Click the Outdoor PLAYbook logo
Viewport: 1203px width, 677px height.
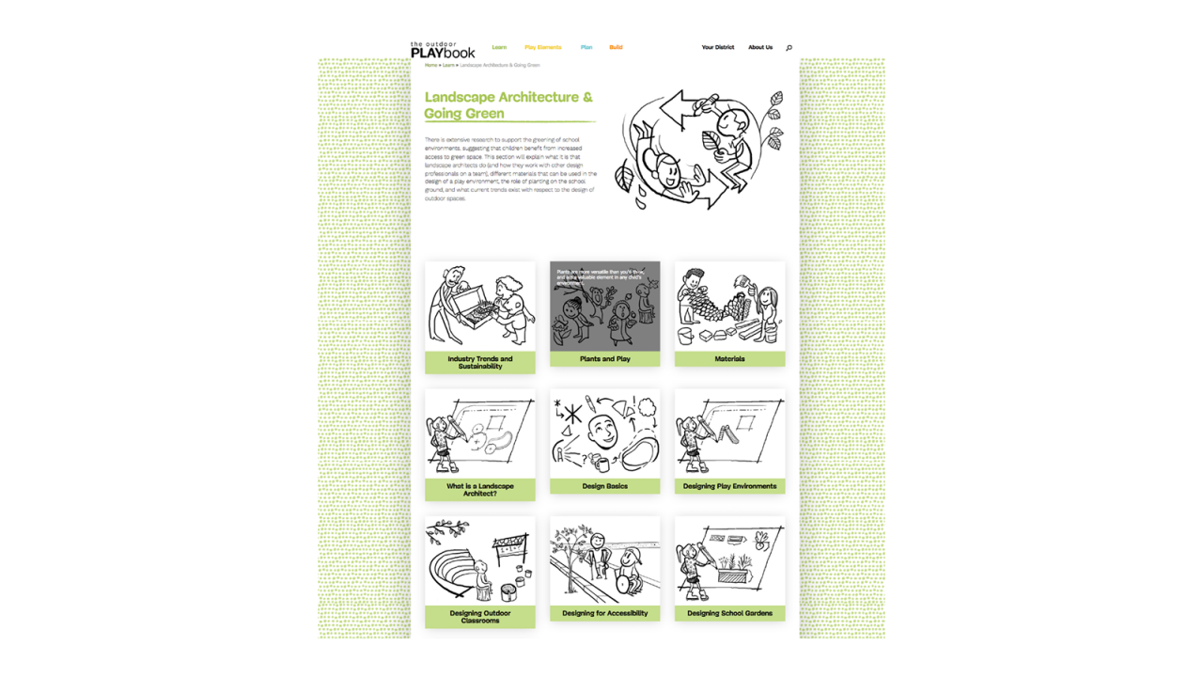[443, 50]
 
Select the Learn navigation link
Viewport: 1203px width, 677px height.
[499, 47]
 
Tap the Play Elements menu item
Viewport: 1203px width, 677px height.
[542, 47]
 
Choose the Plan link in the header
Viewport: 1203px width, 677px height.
[586, 47]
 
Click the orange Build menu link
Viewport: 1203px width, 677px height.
[616, 47]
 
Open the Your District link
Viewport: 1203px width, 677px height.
[717, 47]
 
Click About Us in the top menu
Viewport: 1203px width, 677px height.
[760, 47]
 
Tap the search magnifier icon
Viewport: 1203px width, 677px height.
[789, 48]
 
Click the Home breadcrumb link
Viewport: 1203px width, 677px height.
[430, 66]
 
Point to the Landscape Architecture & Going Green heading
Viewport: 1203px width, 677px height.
[508, 105]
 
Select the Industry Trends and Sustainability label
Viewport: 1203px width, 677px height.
[480, 363]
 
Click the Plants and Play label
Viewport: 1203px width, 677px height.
[604, 359]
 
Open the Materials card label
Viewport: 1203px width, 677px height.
[729, 359]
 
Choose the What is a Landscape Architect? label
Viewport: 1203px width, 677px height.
[480, 490]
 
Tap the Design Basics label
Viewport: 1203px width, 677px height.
[604, 486]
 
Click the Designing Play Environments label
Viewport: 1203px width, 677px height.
[729, 486]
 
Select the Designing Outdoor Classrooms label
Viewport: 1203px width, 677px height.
[480, 617]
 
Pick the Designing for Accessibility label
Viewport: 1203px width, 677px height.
[604, 613]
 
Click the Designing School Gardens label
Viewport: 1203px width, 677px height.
[729, 613]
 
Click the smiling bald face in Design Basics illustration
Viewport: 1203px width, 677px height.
[602, 433]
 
